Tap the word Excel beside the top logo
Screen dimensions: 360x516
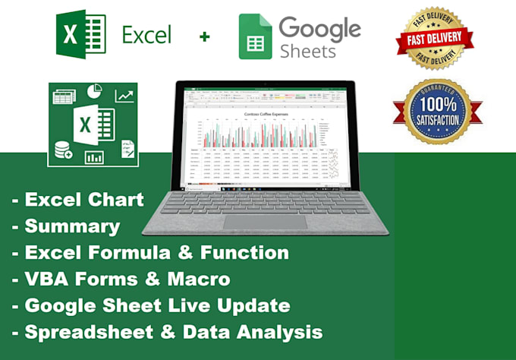(146, 35)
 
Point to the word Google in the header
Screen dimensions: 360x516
(319, 27)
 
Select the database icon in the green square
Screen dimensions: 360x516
(61, 149)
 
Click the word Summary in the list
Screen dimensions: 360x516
(72, 226)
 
